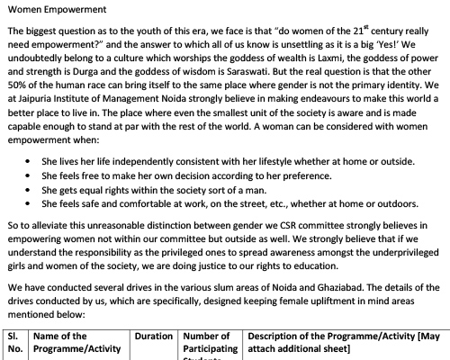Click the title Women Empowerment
(51, 10)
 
